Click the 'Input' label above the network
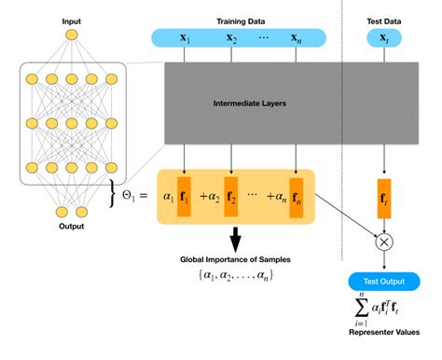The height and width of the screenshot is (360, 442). point(72,20)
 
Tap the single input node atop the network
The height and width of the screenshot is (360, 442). point(72,35)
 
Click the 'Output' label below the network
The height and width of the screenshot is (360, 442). point(72,227)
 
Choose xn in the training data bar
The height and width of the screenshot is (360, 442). point(297,39)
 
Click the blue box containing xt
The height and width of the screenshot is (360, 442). point(381,39)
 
